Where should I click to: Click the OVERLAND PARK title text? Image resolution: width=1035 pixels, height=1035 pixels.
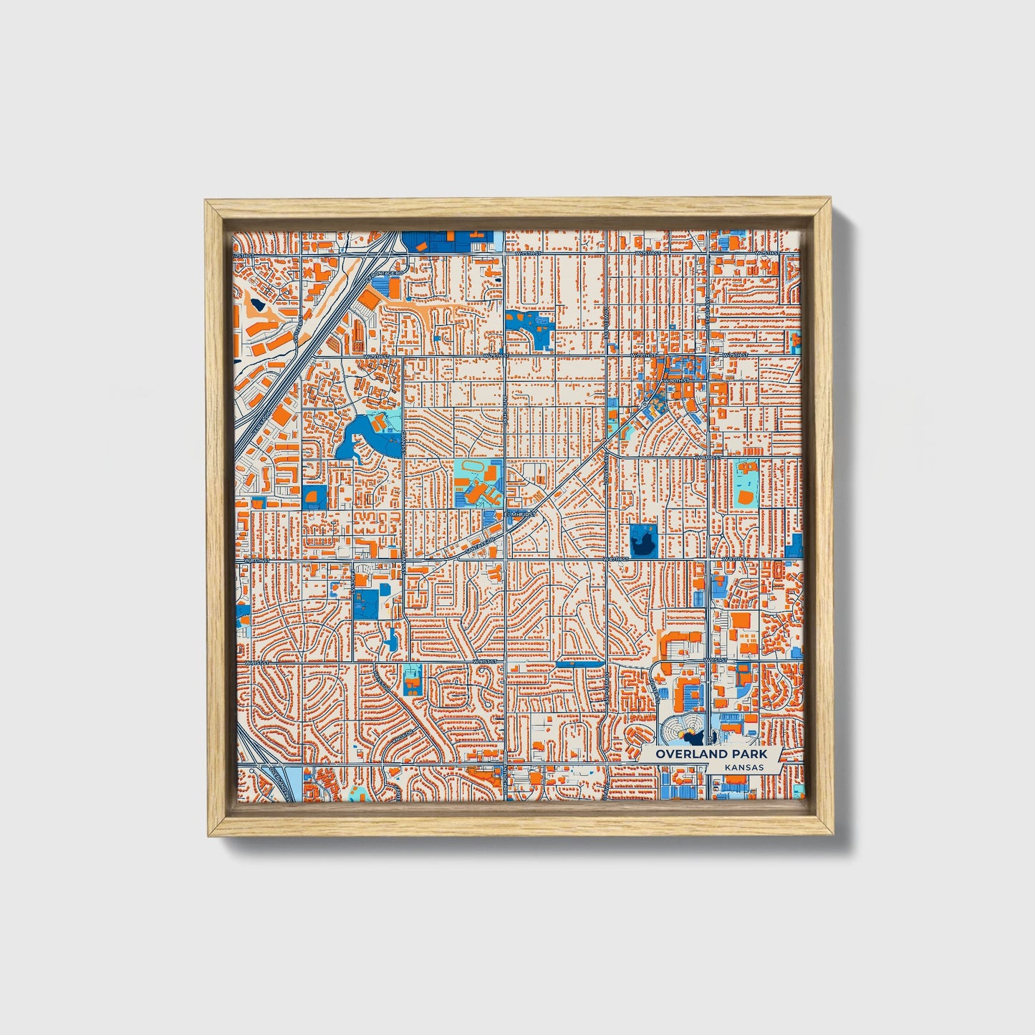(x=708, y=754)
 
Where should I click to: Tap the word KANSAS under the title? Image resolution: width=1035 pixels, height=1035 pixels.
(x=743, y=767)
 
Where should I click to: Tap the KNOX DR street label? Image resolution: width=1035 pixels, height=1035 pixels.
(x=403, y=736)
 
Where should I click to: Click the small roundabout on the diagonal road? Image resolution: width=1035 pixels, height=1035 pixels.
(x=645, y=405)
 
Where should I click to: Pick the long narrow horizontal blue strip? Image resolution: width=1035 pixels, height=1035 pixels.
(x=579, y=664)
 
